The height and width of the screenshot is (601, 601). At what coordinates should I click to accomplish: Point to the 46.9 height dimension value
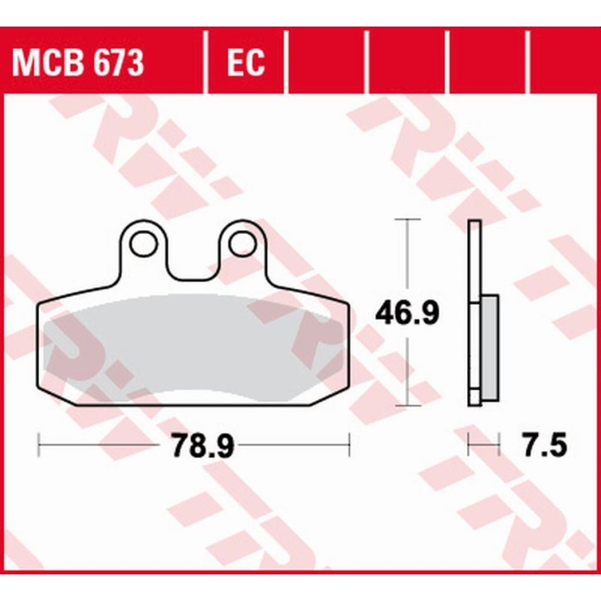click(407, 313)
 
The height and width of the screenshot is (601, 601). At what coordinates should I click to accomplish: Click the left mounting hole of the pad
click(143, 243)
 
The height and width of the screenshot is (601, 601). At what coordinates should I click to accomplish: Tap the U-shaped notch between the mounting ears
click(193, 264)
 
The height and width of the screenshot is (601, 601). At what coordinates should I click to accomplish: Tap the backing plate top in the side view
click(474, 226)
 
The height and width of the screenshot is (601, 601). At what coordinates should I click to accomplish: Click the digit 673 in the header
click(122, 61)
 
